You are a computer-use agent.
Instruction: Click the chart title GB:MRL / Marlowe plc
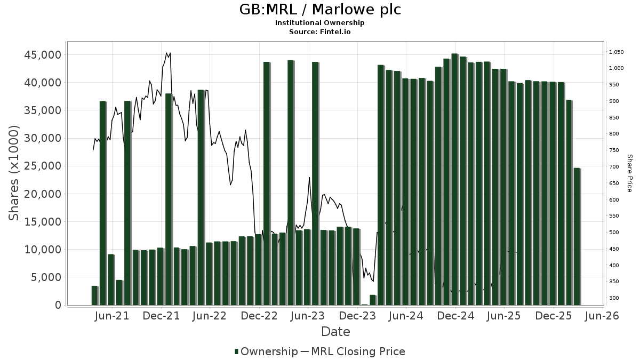coord(320,10)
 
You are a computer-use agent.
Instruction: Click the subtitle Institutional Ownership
coord(320,23)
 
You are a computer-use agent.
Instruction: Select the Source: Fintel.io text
coord(320,31)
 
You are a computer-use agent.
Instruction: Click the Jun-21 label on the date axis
coord(112,316)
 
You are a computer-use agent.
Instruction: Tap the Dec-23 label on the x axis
coord(357,316)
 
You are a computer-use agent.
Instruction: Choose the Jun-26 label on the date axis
coord(602,316)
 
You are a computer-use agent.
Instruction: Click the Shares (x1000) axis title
coord(14,173)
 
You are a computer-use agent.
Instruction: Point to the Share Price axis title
coord(629,173)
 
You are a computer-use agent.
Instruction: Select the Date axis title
coord(335,332)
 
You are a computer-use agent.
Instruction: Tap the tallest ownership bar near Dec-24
coord(454,179)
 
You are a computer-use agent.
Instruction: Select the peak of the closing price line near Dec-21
coord(167,53)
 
